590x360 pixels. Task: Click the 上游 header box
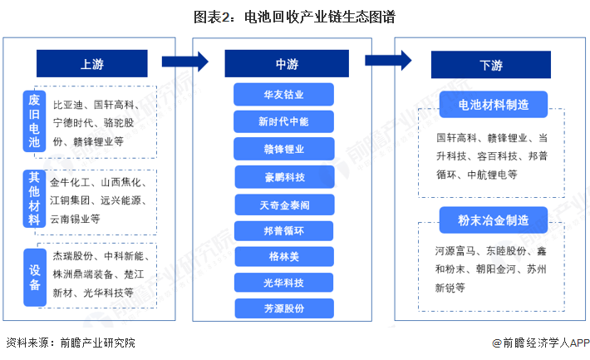point(91,63)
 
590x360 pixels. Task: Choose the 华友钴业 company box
point(283,94)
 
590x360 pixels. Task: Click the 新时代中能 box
point(283,121)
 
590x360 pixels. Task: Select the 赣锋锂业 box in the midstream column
point(283,149)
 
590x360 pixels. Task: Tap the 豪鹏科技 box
point(283,176)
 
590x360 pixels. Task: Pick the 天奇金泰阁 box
point(283,204)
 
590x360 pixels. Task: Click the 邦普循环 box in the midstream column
point(283,230)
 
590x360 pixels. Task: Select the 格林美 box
point(283,256)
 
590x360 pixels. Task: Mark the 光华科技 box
point(283,283)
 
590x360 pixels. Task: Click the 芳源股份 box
point(283,308)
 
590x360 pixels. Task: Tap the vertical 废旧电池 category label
point(34,121)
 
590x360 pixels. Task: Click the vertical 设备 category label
point(34,275)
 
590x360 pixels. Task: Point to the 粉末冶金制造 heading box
point(493,219)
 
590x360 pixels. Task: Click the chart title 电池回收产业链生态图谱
point(294,16)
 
